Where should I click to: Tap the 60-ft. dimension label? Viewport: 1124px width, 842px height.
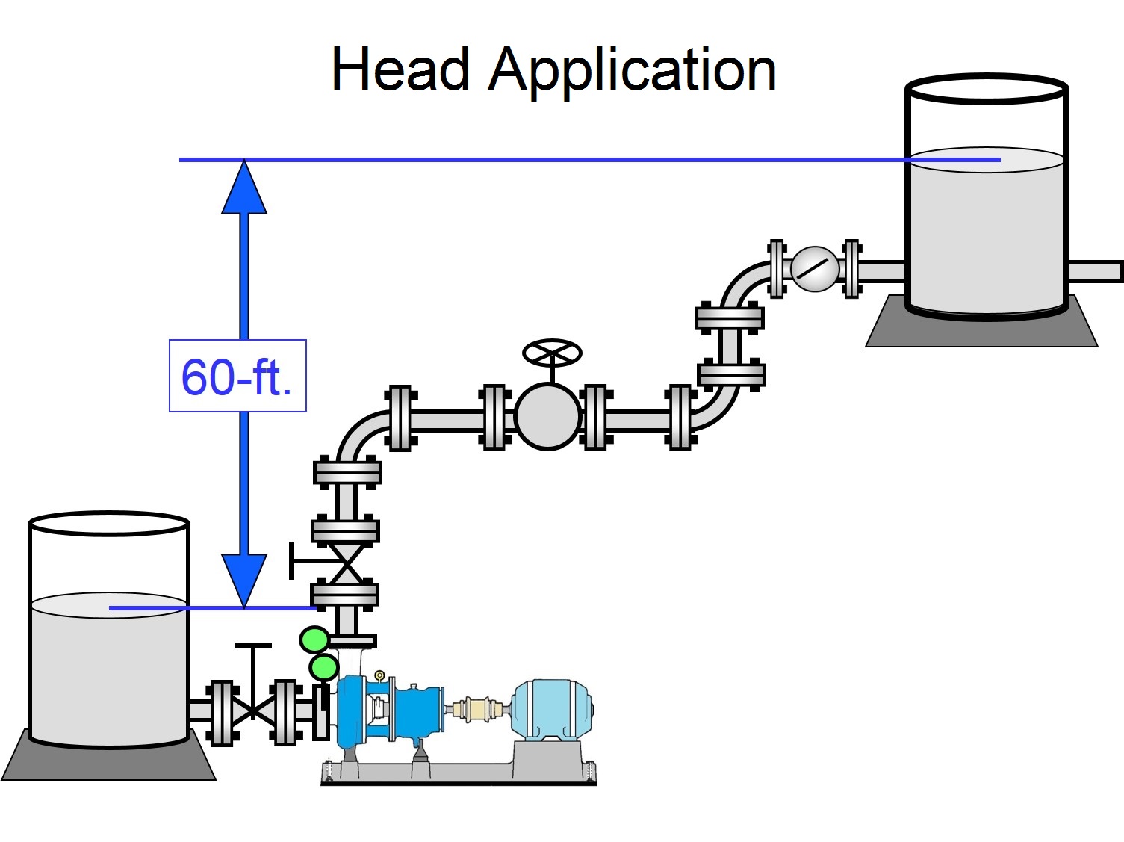click(237, 377)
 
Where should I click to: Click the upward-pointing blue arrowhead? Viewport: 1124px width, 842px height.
click(244, 191)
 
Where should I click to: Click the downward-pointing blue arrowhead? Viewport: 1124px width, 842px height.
click(244, 577)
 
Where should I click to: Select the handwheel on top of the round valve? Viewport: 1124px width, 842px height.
click(552, 353)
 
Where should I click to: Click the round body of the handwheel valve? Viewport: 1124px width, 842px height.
click(547, 417)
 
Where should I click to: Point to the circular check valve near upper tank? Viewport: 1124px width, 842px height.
click(814, 269)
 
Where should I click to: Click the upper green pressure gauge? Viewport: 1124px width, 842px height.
click(314, 640)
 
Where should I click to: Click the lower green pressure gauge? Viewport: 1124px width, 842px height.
click(324, 667)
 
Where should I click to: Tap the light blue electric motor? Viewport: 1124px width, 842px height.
click(552, 709)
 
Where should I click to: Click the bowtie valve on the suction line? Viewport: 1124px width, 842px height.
click(253, 710)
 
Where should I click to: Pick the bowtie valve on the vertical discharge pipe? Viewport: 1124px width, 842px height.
click(346, 564)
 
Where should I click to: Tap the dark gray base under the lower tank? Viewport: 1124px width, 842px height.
click(108, 762)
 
